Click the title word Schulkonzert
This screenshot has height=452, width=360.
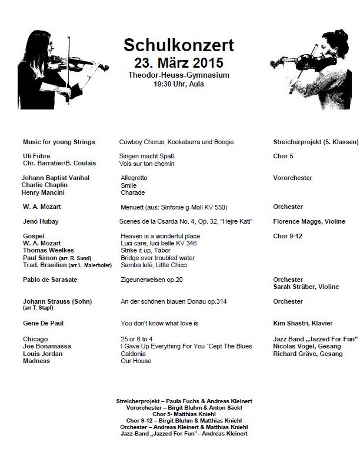coord(178,45)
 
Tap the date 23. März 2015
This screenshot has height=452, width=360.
coord(178,61)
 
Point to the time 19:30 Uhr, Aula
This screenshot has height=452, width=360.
coord(178,84)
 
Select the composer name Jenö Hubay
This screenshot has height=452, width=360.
coord(41,221)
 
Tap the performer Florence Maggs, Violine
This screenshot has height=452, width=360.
coord(309,221)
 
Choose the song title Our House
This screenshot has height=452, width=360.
coord(135,361)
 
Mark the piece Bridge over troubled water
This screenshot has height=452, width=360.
coord(158,257)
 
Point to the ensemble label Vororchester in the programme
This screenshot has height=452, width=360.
coord(293,178)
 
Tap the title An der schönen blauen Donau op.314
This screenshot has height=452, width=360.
coord(174,301)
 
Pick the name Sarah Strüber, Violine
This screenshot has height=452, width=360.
coord(306,287)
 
